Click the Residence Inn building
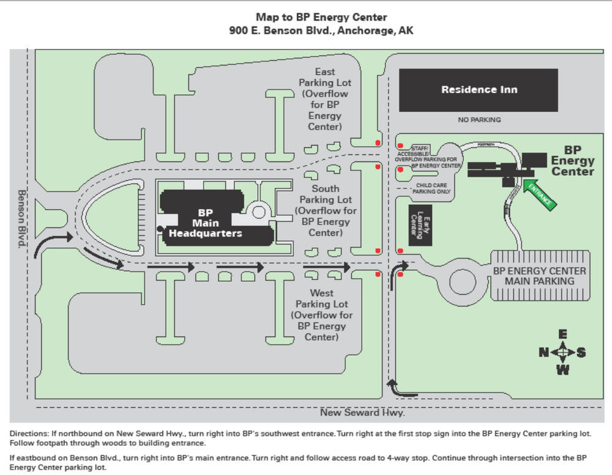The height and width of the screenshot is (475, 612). [x=478, y=90]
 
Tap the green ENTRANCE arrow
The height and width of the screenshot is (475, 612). [x=539, y=194]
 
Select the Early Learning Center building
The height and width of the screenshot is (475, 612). [x=421, y=224]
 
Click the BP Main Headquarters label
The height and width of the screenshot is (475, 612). [x=205, y=223]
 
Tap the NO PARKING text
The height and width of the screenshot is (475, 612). [x=479, y=120]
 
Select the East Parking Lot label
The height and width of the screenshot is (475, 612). [x=324, y=99]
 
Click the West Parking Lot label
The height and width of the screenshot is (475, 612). [x=321, y=315]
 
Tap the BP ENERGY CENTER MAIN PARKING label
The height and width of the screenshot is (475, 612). [x=539, y=276]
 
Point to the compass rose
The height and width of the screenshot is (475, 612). [x=562, y=352]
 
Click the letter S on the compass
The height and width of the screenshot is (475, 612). [x=581, y=352]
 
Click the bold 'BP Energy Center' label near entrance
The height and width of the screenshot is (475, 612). [x=573, y=160]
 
